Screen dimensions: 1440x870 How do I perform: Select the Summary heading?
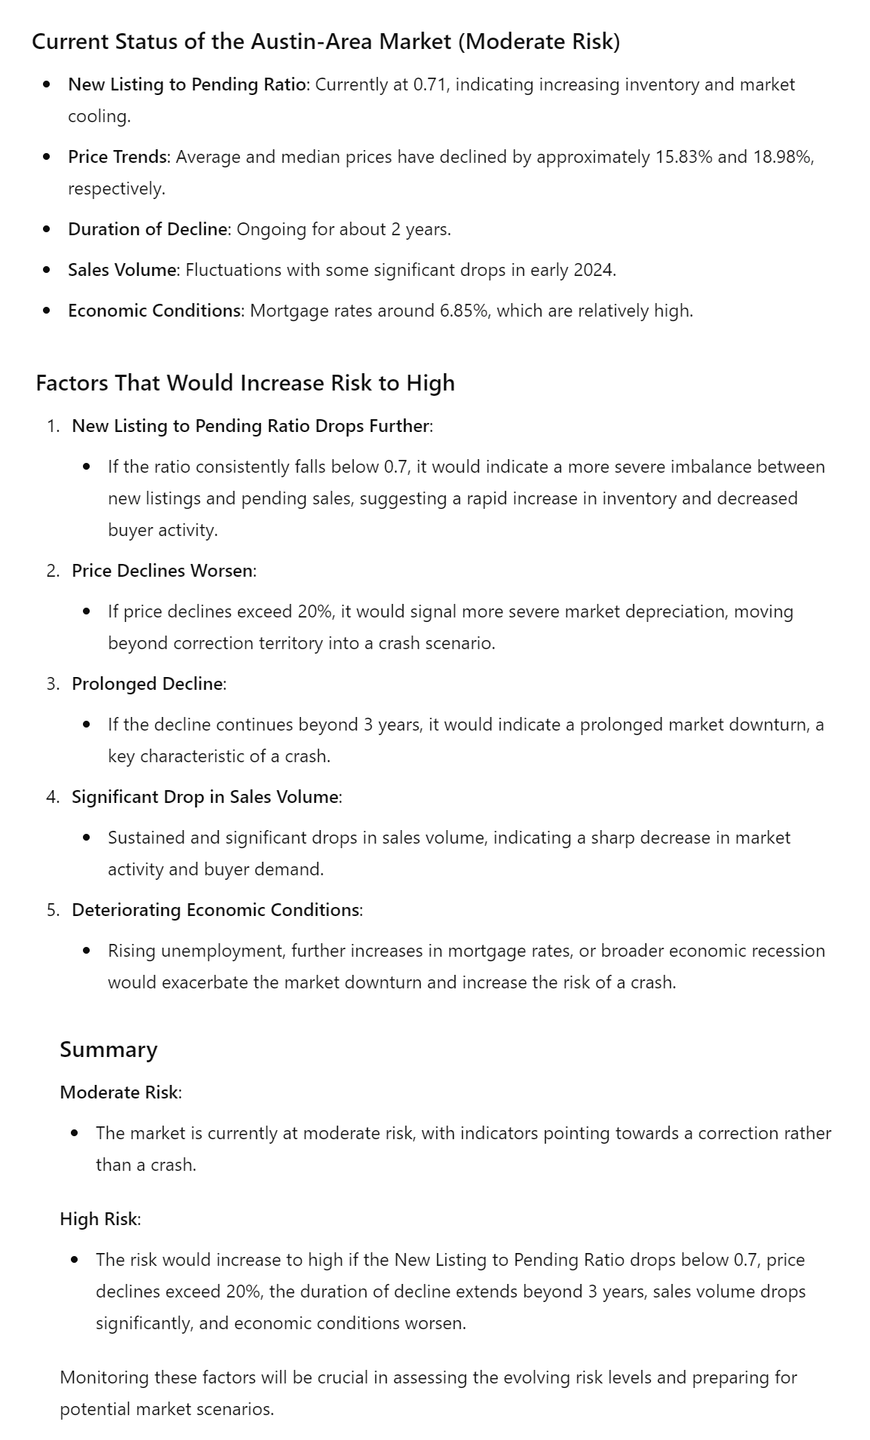[x=109, y=1049]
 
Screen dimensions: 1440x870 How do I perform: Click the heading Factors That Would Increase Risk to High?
[x=245, y=383]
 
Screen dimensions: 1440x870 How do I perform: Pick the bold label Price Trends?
[x=117, y=157]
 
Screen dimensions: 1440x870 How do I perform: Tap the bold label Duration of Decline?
[x=147, y=229]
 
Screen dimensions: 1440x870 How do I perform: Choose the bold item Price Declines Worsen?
[x=162, y=571]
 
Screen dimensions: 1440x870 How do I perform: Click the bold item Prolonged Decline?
[x=147, y=684]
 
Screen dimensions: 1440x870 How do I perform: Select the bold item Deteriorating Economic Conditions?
[x=215, y=910]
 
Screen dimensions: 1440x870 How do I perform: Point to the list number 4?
[x=51, y=797]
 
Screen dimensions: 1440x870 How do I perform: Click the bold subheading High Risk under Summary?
[x=99, y=1219]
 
